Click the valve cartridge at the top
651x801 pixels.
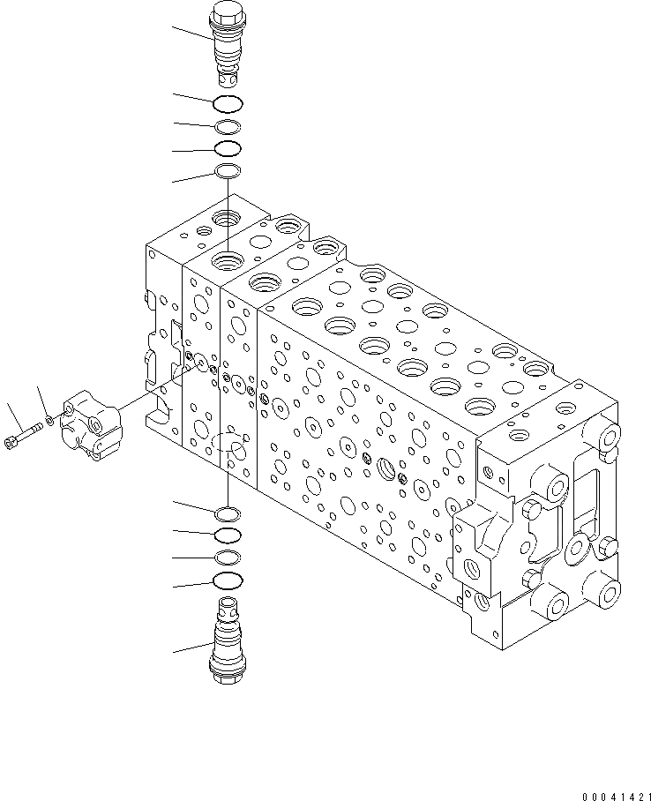(227, 44)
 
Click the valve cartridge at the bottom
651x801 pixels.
(227, 640)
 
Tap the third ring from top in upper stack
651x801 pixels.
(228, 148)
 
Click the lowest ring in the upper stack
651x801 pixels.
(228, 171)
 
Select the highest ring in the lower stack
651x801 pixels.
(228, 513)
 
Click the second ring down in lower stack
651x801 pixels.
(228, 535)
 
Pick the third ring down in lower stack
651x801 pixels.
(228, 557)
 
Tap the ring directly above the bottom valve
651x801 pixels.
(228, 580)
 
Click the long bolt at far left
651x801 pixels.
(23, 437)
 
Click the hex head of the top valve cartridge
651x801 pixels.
(227, 16)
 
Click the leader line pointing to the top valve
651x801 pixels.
(192, 34)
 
